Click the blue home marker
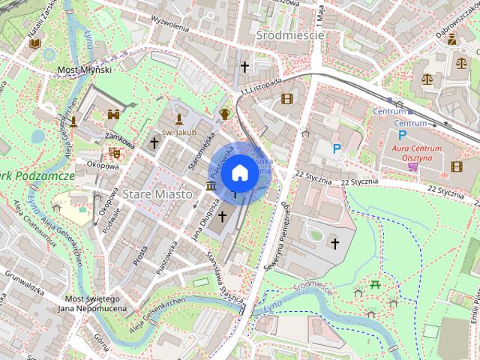point(239,172)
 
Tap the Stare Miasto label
point(160,193)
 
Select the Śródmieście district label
point(289,35)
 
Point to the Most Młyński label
point(85,70)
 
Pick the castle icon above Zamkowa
point(114,115)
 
